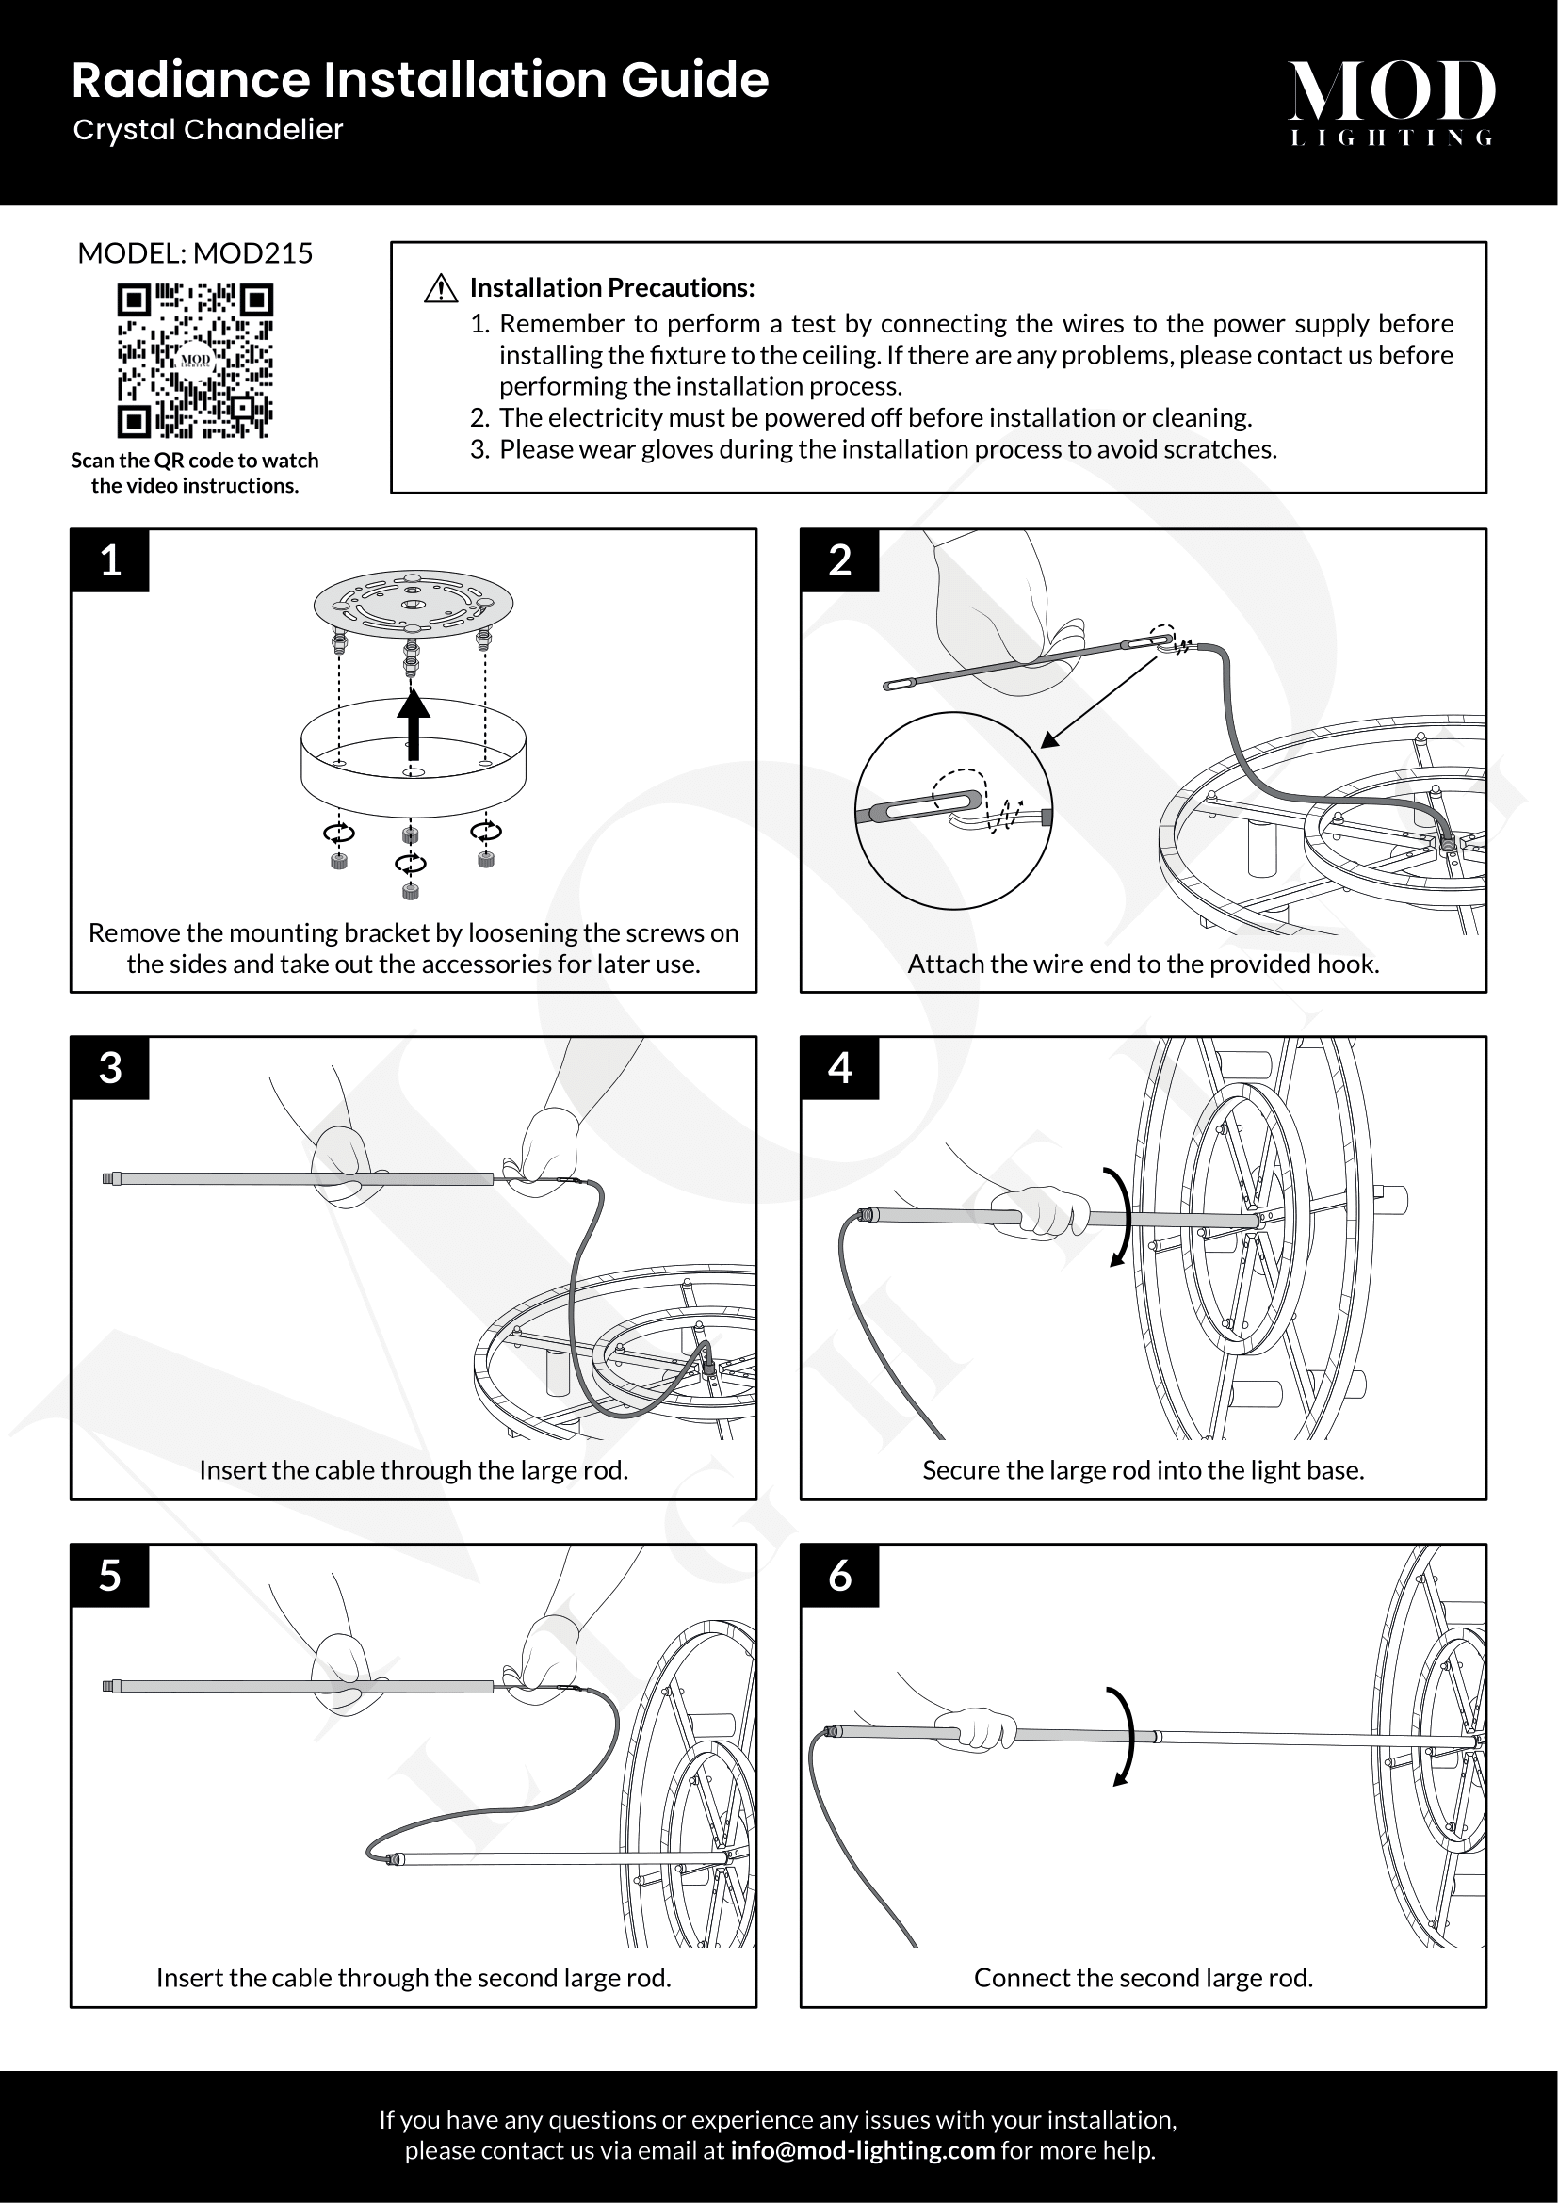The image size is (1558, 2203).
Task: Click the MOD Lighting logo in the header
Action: point(1391,102)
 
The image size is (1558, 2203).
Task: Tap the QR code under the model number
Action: point(195,360)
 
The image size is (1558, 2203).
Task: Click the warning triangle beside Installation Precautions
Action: point(440,288)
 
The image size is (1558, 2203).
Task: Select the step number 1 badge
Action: point(110,560)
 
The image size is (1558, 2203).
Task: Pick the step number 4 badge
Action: point(839,1068)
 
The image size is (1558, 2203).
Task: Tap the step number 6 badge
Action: point(839,1576)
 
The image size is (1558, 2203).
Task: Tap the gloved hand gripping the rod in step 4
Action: point(1044,1212)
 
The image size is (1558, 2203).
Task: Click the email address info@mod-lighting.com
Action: point(862,2150)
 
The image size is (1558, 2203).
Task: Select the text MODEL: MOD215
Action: point(195,253)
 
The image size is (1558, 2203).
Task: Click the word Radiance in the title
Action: point(191,80)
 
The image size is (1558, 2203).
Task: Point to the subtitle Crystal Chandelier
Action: point(208,130)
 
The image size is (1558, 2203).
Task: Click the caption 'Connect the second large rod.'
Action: point(1143,1978)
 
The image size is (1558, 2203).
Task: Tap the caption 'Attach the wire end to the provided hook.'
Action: point(1143,964)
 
